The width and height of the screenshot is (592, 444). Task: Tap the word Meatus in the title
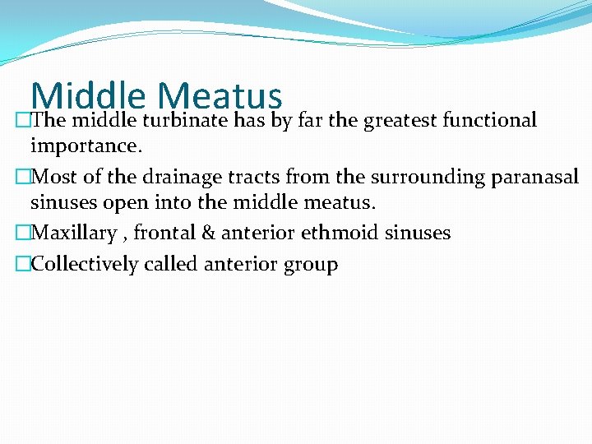220,97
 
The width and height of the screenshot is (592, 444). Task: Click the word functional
489,121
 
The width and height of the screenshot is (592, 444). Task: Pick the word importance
85,146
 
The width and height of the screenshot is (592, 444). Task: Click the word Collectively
85,265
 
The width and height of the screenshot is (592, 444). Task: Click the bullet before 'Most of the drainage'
22,177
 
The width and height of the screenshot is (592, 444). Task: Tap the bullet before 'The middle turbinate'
22,121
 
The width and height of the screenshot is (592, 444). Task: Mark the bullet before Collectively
22,265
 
